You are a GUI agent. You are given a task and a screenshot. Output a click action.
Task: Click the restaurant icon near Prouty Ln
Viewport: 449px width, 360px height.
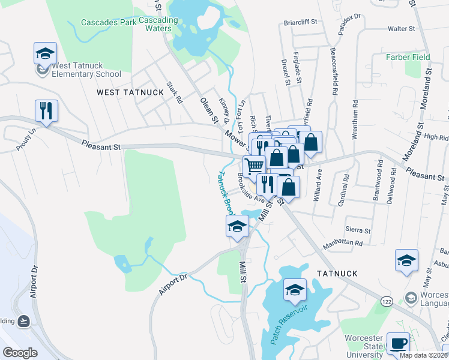(x=46, y=110)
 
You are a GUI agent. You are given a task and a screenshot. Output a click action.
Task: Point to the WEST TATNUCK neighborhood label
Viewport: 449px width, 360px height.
(x=130, y=92)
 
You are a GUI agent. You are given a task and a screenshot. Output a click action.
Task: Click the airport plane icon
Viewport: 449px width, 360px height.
(x=24, y=320)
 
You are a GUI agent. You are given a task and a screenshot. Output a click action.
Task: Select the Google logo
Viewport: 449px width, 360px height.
(x=20, y=353)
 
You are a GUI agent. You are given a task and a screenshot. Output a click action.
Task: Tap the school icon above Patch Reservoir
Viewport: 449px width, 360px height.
(x=295, y=290)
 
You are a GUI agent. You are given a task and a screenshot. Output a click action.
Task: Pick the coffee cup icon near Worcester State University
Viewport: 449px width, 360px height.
(x=398, y=344)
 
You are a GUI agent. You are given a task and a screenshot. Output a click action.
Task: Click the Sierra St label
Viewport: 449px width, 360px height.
(x=358, y=230)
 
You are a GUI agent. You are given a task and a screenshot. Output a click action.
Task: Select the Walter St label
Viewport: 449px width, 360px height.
(x=402, y=28)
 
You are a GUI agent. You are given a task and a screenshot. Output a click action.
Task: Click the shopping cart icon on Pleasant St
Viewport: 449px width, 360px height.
(x=254, y=166)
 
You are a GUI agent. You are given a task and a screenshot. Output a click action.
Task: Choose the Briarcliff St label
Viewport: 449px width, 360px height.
(x=300, y=23)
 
